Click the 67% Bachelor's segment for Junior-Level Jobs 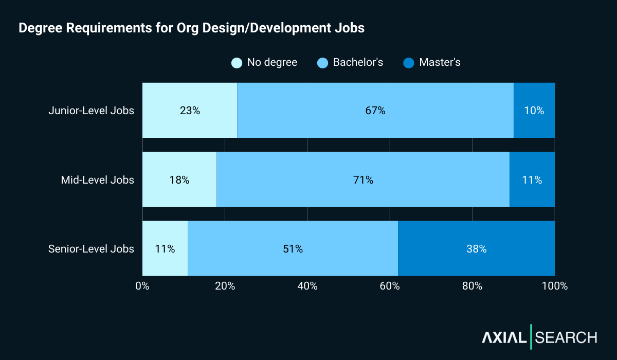tap(375, 110)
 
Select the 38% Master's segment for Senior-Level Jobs tap(476, 248)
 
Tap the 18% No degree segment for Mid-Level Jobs tap(179, 179)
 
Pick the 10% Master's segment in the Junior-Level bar tap(534, 110)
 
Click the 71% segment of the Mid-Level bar tap(362, 179)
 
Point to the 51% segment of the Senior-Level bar tap(293, 248)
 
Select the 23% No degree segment tap(189, 110)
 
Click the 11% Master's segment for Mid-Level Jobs tap(532, 179)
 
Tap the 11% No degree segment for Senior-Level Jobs tap(165, 248)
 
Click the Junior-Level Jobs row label tap(91, 111)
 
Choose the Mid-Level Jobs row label tap(97, 180)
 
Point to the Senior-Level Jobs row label tap(91, 249)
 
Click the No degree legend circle tap(237, 63)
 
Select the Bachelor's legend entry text tap(358, 63)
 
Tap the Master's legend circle tap(409, 63)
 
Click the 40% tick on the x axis tap(307, 286)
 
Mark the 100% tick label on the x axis tap(554, 286)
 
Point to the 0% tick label tap(142, 286)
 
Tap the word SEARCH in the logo tap(566, 337)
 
